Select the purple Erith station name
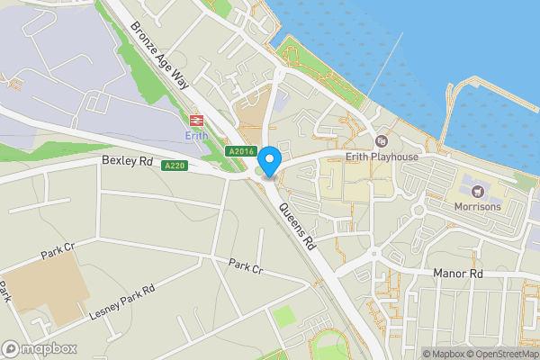click(195, 136)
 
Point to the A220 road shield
click(175, 166)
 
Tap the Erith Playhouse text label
click(382, 157)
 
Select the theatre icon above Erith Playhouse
click(382, 141)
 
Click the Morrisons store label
click(478, 206)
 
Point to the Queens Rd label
click(300, 225)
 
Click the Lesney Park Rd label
click(122, 301)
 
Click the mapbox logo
click(40, 348)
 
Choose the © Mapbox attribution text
click(446, 354)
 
